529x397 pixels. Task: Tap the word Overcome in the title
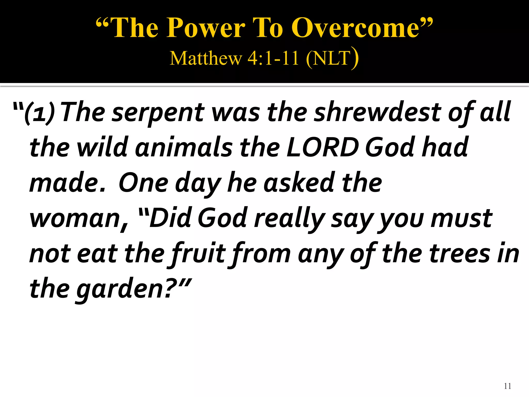click(x=355, y=28)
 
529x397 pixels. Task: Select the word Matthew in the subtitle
click(x=206, y=58)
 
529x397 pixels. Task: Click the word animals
click(x=184, y=147)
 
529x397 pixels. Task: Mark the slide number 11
click(x=507, y=386)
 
